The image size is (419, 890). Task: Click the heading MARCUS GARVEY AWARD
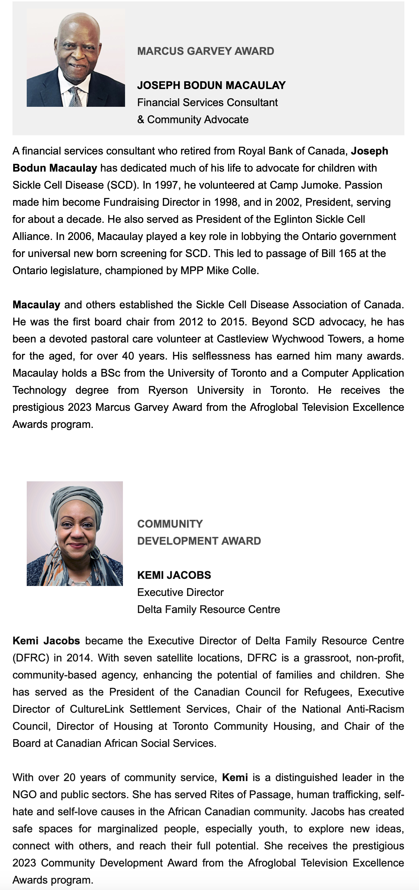206,51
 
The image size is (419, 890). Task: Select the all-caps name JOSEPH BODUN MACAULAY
211,85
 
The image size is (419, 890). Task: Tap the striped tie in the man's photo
76,97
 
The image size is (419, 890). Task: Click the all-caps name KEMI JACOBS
174,575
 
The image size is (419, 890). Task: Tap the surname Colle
245,271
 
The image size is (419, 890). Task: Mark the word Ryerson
168,391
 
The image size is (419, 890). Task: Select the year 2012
191,322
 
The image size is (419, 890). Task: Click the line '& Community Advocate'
193,120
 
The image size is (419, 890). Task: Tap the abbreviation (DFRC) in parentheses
31,658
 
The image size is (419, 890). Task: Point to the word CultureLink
97,710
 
